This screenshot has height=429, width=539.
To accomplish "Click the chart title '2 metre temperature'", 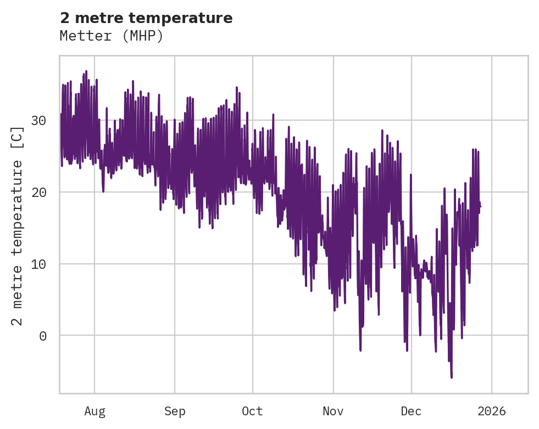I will point(146,18).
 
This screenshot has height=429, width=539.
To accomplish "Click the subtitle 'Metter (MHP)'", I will point(112,36).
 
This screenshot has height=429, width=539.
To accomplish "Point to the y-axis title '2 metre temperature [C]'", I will point(18,225).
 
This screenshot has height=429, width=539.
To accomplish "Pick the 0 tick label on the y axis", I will point(43,336).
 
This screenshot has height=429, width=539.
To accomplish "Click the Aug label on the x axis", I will point(95,411).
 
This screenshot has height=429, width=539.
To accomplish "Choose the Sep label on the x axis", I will point(175,411).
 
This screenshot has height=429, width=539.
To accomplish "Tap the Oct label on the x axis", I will point(253,411).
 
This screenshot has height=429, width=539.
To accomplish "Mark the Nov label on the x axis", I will point(333,411).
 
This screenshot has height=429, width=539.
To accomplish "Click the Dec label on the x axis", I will point(411,411).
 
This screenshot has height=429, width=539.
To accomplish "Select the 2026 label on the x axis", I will point(491,411).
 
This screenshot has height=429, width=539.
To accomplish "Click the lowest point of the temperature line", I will point(452,377).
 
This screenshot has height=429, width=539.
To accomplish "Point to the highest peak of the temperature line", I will point(86,71).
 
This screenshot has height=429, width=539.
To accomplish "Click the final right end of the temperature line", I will point(480,206).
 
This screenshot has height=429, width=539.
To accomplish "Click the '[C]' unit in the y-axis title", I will point(18,137).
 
